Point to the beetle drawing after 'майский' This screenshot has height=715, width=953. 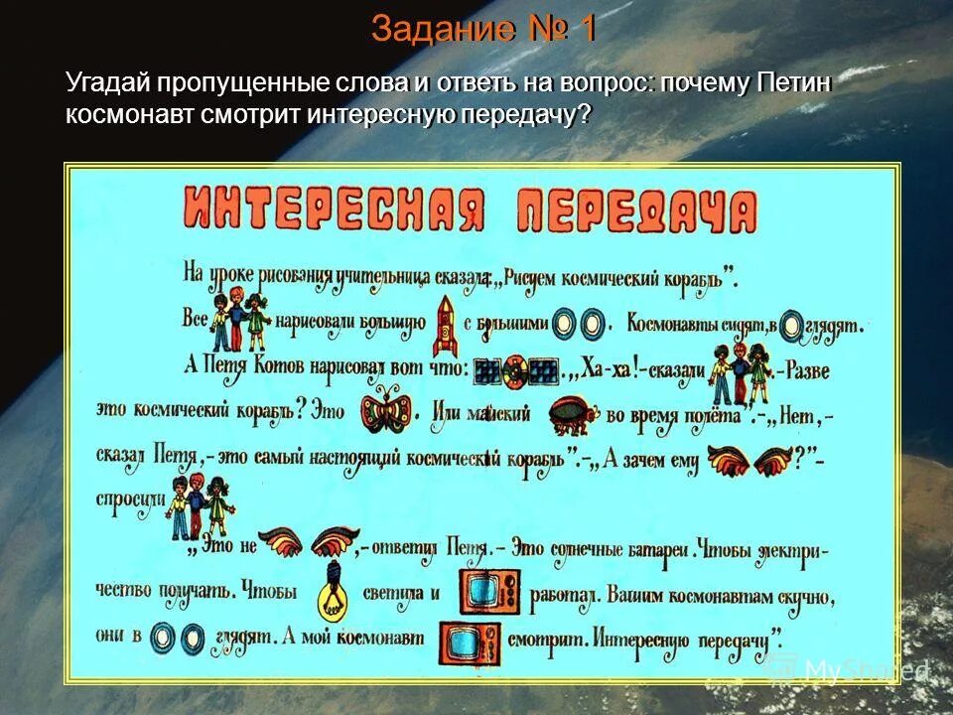571,415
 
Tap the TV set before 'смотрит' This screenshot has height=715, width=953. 467,642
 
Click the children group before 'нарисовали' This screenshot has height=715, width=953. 241,319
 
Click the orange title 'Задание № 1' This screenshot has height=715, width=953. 483,29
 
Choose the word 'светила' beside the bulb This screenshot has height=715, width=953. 393,592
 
